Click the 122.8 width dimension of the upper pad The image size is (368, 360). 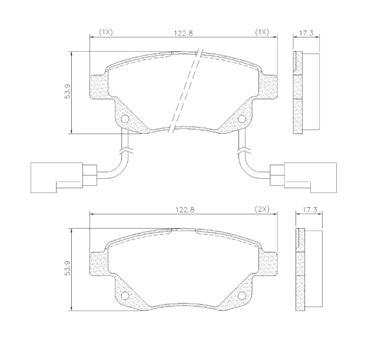coord(183,33)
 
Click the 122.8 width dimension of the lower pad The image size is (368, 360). coord(185,209)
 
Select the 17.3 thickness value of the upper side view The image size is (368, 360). coord(306,33)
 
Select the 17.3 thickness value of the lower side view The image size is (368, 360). coord(309,209)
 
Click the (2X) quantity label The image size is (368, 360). coord(262,209)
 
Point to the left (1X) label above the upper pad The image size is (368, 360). coord(105,32)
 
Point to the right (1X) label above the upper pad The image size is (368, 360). coord(261,32)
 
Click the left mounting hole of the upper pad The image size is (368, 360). coord(125,119)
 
